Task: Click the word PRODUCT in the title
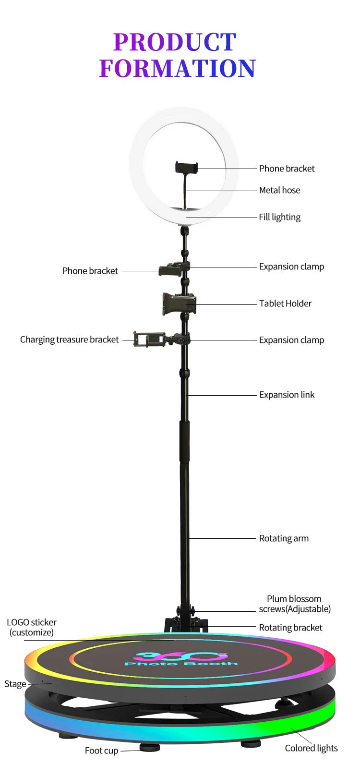click(175, 42)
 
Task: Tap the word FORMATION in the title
click(178, 68)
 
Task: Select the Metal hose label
click(279, 190)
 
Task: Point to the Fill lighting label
click(279, 217)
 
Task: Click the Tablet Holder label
click(285, 303)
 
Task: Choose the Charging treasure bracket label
click(69, 339)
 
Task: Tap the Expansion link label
click(287, 395)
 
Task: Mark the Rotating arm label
click(284, 538)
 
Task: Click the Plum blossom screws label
click(294, 604)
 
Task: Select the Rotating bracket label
click(290, 628)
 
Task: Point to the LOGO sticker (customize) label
click(32, 627)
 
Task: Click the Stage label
click(15, 684)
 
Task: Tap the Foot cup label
click(101, 751)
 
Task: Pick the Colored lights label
click(311, 748)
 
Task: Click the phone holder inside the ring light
click(186, 168)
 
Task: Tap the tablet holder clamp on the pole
click(179, 304)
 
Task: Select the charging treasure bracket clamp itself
click(149, 339)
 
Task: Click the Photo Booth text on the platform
click(181, 663)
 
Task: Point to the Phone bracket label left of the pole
click(90, 271)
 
